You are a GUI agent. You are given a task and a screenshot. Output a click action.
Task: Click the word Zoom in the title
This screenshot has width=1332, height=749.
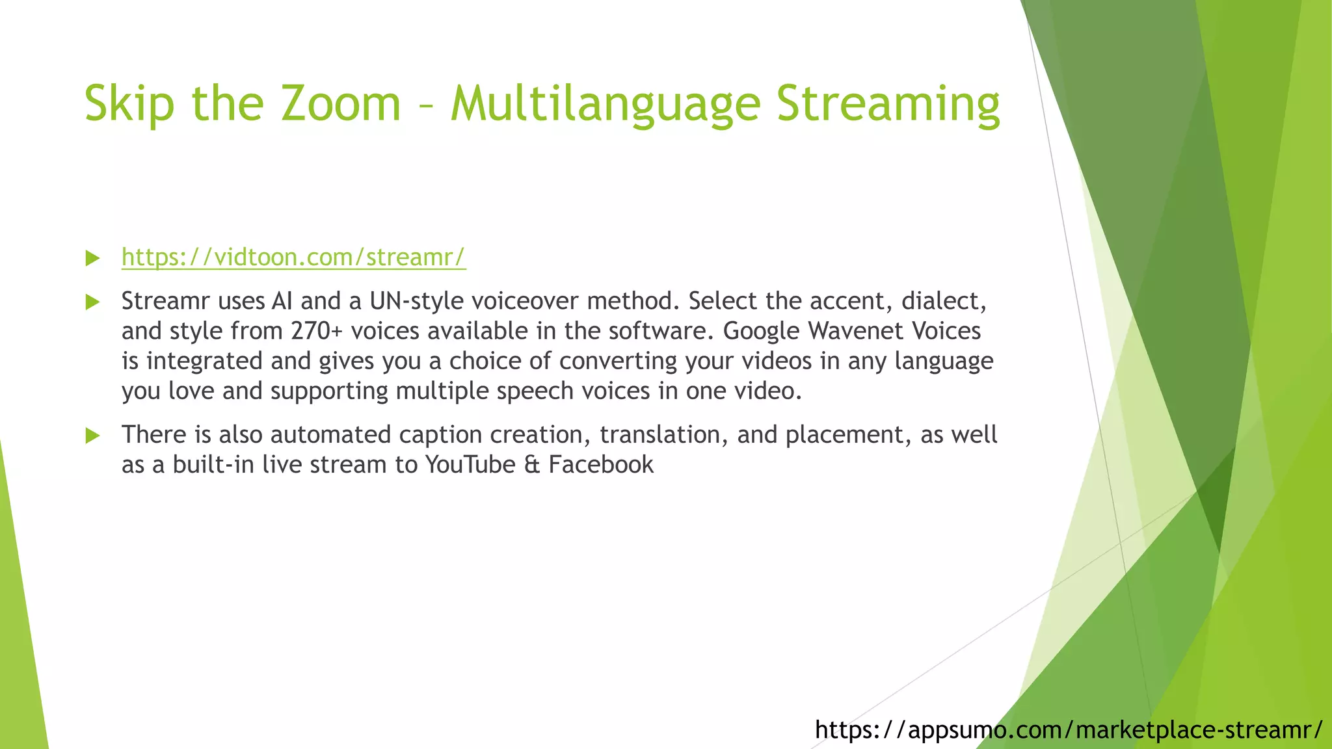point(340,104)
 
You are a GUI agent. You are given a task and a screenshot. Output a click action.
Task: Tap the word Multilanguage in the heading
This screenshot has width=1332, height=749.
point(606,104)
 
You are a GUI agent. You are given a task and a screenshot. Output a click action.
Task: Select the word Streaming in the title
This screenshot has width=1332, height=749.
point(888,104)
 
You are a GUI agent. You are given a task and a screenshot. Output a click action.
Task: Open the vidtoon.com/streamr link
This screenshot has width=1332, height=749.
point(293,257)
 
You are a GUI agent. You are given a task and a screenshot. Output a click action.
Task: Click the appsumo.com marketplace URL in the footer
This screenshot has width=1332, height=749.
point(1068,729)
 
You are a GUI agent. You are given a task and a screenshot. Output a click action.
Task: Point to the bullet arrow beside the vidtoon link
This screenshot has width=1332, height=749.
point(92,258)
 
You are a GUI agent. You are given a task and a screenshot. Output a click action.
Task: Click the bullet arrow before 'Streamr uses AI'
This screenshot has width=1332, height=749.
point(92,302)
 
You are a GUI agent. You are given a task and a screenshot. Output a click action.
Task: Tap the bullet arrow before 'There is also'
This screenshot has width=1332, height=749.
point(92,435)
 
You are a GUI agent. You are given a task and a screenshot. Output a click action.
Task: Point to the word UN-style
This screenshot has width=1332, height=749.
point(416,301)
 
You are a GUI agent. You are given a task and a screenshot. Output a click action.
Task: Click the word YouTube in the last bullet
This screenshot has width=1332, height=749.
point(470,465)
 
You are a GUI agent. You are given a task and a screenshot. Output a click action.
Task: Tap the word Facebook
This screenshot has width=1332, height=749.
point(601,465)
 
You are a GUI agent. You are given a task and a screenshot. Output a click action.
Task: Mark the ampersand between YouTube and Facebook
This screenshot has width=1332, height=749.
point(532,465)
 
